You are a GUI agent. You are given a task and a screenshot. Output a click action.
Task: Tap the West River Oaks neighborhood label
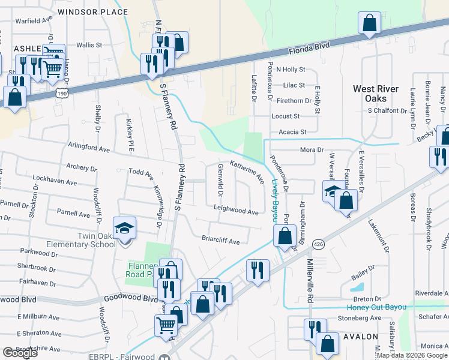[x=376, y=94]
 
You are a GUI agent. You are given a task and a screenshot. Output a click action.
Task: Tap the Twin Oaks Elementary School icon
[x=125, y=229]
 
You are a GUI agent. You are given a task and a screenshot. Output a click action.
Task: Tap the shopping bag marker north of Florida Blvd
[x=370, y=23]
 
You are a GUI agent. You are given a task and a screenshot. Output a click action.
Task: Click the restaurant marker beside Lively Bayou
[x=258, y=270]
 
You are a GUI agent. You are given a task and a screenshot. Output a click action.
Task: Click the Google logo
[x=20, y=353]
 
